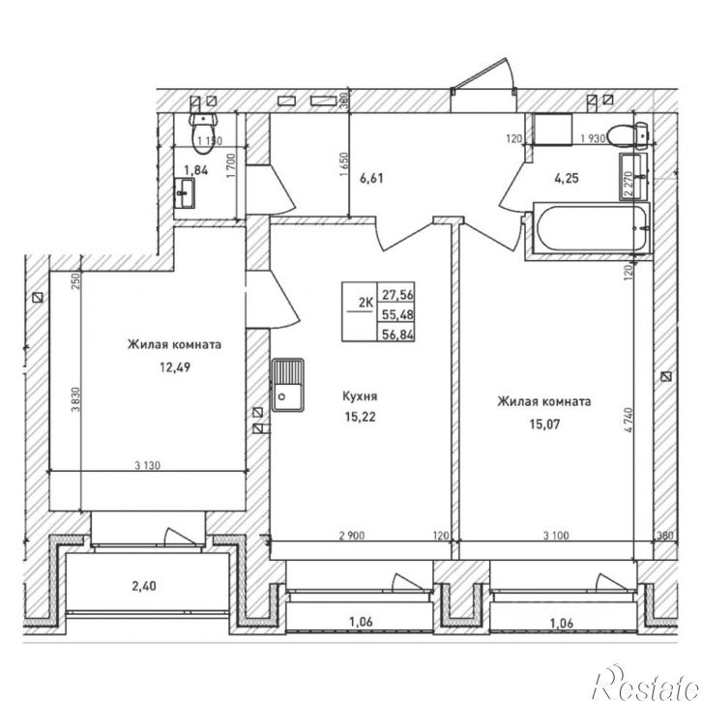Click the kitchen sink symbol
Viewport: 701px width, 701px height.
287,385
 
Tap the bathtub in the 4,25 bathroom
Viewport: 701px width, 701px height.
591,228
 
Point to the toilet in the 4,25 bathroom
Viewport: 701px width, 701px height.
629,135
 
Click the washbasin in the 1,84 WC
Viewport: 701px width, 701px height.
184,192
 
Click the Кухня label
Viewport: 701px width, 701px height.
360,396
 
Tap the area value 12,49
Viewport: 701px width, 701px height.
175,367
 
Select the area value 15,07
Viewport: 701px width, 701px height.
544,424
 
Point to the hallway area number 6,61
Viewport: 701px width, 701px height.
372,178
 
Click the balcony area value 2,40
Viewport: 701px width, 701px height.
144,586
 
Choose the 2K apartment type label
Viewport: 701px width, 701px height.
365,303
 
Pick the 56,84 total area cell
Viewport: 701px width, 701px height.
397,335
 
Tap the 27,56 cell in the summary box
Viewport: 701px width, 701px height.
397,295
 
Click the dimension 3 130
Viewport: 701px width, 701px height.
148,465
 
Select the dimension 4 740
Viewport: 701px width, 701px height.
628,420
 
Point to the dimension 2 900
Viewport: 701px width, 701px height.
352,535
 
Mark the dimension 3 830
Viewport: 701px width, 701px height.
75,399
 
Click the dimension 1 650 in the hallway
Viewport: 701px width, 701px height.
344,164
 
